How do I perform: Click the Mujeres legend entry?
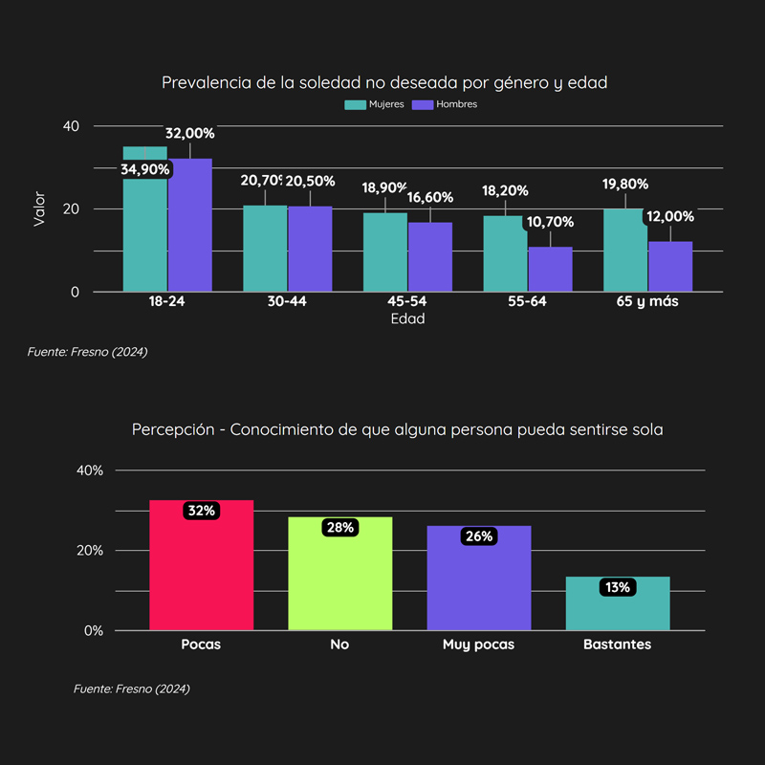(x=374, y=104)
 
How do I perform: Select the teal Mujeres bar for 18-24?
(x=144, y=229)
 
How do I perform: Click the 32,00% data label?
(x=189, y=133)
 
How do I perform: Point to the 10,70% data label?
(x=550, y=222)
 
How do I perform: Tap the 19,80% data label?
(x=625, y=184)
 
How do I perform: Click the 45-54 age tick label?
(x=407, y=301)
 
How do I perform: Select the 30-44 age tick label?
(x=287, y=301)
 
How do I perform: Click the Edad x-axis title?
(x=407, y=319)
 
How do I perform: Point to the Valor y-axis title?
(x=39, y=208)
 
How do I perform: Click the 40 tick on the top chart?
(x=72, y=126)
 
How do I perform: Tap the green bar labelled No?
(x=340, y=579)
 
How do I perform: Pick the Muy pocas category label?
(x=478, y=645)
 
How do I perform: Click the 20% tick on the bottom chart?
(x=88, y=550)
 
